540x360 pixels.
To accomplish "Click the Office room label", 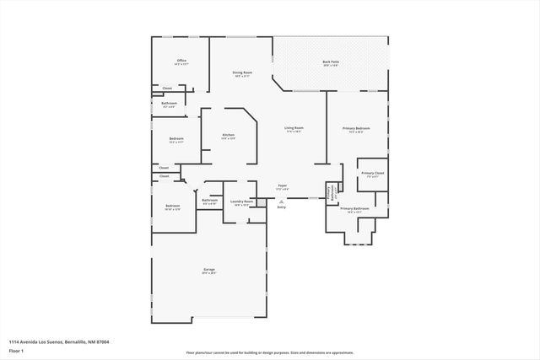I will (x=181, y=61).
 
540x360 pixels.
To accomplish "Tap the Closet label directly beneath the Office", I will (x=167, y=88).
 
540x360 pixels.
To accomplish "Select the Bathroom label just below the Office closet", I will (x=169, y=103).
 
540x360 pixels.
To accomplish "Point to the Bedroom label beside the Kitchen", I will (x=176, y=139).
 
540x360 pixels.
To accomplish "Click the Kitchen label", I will (x=228, y=136).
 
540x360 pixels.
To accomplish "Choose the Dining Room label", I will (x=242, y=73).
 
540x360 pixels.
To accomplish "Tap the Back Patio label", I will (x=331, y=62).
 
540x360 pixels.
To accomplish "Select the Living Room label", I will (x=294, y=128).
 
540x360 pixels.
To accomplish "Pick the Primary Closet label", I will (x=372, y=173).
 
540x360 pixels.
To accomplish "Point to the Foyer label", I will (x=282, y=185).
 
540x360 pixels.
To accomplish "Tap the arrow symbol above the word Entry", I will (x=282, y=201).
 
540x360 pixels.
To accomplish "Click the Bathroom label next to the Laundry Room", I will (x=210, y=201).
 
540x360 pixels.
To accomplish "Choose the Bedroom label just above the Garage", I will (x=172, y=207).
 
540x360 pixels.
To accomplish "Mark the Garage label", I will (x=208, y=270).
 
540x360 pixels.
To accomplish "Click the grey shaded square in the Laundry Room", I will (x=251, y=220).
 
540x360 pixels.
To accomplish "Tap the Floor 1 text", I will (x=16, y=350).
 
